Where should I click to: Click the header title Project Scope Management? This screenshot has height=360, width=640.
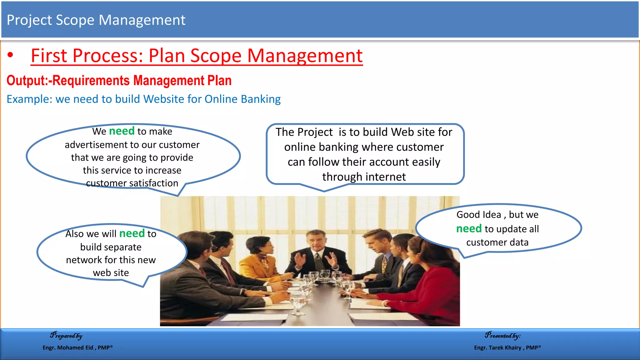pos(96,20)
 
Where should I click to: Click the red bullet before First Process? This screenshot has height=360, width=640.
pos(11,55)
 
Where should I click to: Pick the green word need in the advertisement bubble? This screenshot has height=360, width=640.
pos(122,131)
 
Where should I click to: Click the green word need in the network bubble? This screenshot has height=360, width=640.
pos(132,233)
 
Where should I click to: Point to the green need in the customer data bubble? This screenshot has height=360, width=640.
pos(469,229)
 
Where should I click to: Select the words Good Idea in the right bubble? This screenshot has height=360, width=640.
pos(478,215)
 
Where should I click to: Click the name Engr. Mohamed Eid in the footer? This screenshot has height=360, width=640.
pos(68,347)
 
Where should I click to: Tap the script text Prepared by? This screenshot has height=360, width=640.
pos(66,336)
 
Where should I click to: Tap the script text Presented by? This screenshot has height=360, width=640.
pos(502,336)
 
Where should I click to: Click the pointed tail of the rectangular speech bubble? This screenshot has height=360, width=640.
pos(324,190)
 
